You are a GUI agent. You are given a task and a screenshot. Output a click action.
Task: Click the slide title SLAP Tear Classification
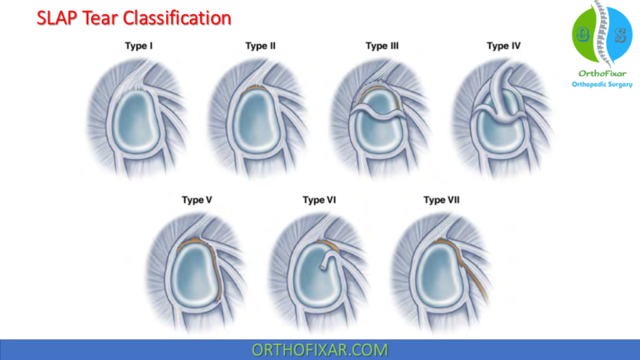pos(134,17)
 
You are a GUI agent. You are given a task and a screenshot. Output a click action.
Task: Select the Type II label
pos(260,46)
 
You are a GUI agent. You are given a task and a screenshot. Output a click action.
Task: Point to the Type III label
pos(382,46)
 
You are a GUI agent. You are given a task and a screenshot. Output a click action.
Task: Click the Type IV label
pos(503,46)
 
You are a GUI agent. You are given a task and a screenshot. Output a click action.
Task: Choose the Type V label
pos(197,200)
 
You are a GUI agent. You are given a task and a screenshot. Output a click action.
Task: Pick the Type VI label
pos(319,200)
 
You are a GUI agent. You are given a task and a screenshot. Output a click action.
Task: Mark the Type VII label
pos(441,200)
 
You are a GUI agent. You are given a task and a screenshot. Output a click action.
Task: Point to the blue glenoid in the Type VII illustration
pos(439,275)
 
